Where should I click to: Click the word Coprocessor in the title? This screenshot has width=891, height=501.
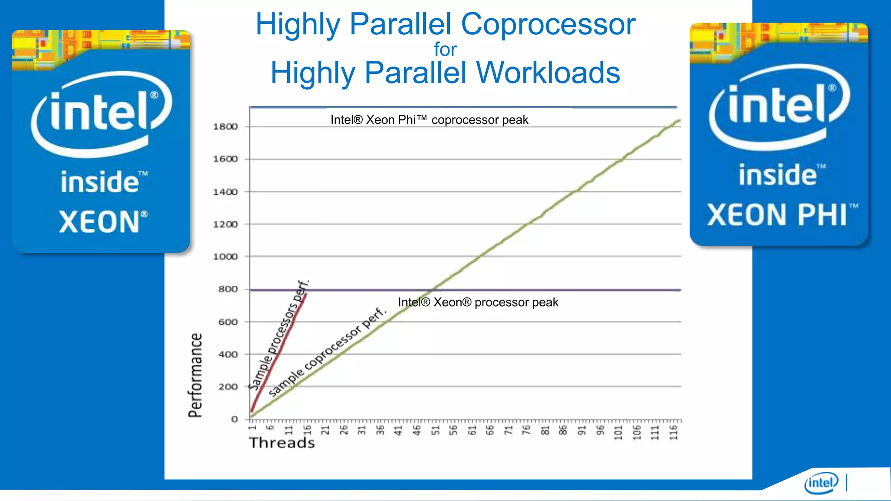tap(548, 24)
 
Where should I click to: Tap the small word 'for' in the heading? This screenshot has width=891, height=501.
tap(445, 50)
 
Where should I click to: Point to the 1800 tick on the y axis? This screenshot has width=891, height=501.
tap(225, 127)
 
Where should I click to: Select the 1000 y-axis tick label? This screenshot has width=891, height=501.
tap(225, 257)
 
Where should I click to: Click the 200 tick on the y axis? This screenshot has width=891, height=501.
tap(228, 387)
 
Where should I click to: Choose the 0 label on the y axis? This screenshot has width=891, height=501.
tap(234, 419)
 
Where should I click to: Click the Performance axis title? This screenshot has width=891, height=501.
tap(195, 375)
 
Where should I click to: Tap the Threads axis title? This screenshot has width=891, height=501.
tap(282, 443)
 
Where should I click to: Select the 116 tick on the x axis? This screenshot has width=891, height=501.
tap(673, 433)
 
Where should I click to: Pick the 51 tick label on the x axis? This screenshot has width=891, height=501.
tap(435, 430)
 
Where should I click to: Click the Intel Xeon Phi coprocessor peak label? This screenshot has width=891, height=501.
tap(429, 120)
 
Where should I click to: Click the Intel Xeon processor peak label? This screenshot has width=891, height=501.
tap(478, 302)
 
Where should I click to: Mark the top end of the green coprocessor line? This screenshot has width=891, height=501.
tap(679, 120)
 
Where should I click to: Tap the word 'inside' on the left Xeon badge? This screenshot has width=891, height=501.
tap(100, 182)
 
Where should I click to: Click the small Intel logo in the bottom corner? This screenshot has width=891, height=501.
tap(821, 483)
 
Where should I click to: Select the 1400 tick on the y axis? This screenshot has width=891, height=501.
tap(225, 192)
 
